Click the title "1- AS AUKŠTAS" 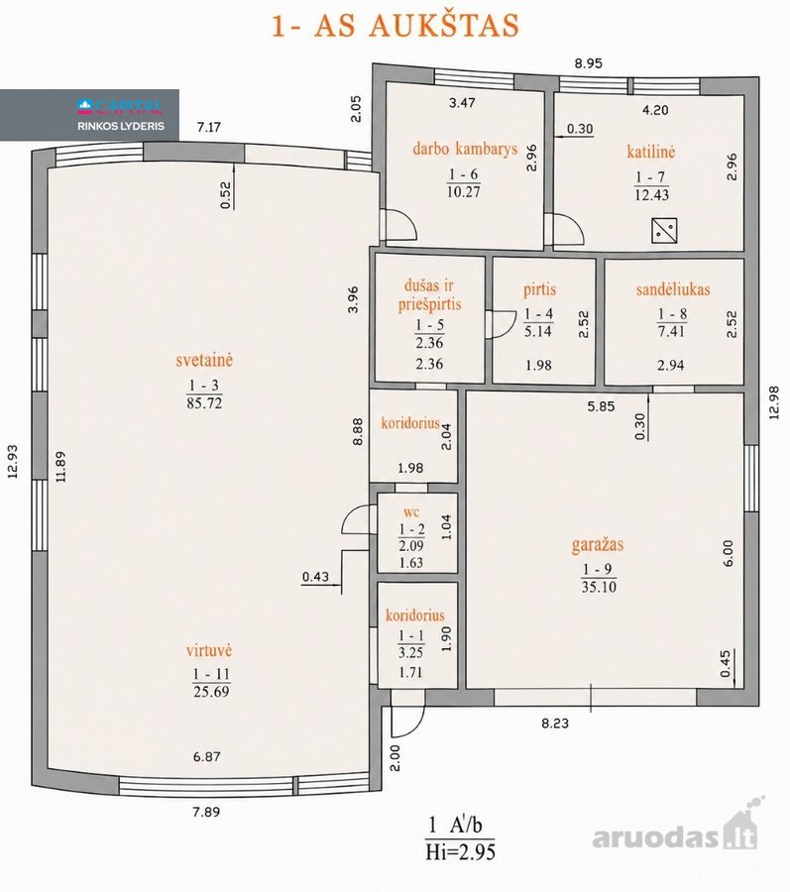coord(395,26)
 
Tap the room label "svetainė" coord(204,360)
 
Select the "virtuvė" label coord(209,650)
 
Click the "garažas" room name coord(597,545)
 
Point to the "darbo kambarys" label coord(465,149)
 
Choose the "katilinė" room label coord(650,152)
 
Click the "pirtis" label coord(539,289)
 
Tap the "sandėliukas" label coord(673,289)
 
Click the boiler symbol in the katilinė coord(664,230)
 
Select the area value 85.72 coord(204,403)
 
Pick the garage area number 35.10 coord(599,587)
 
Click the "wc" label coord(411,512)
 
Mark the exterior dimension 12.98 coord(773,402)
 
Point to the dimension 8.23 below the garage coord(554,724)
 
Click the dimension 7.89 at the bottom coord(206,812)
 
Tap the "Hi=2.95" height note coord(460,851)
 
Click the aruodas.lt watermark coord(675,836)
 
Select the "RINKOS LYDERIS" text coord(121,126)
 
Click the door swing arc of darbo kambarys coord(406,223)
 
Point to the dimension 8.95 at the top coord(588,63)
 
